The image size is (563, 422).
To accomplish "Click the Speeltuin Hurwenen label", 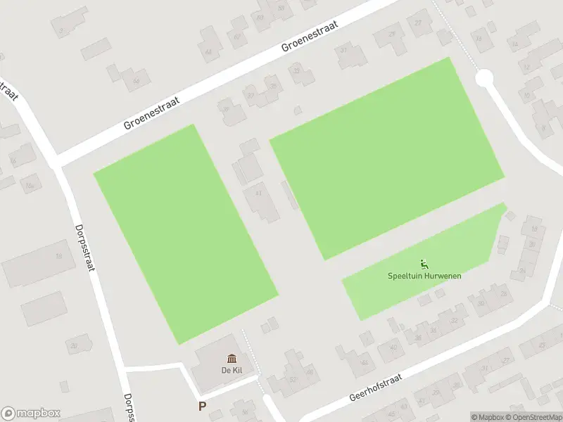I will (424, 276).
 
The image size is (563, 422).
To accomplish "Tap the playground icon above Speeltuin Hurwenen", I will (424, 264).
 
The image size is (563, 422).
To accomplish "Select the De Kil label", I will (232, 370).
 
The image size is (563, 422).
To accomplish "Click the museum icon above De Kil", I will (232, 359).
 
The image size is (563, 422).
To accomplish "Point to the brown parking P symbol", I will (203, 406).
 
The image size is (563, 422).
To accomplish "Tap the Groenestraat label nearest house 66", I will (152, 113).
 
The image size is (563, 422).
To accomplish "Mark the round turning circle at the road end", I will (484, 78).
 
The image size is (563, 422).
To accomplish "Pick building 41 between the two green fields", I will (258, 195).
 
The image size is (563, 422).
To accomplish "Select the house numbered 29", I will (391, 33).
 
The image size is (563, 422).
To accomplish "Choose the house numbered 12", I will (526, 68).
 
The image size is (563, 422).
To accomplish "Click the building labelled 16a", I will (30, 185).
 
